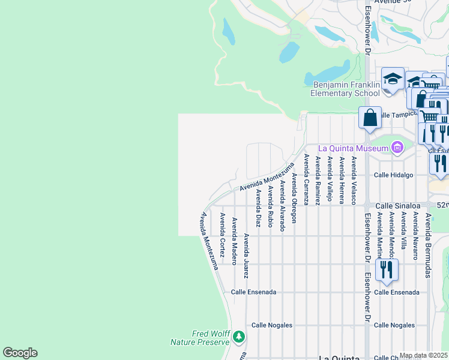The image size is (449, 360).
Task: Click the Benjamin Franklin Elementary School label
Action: point(345,89)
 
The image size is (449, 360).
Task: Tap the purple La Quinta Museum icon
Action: point(396,147)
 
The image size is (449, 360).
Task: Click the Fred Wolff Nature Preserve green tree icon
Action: point(239,337)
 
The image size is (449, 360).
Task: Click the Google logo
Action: point(20,353)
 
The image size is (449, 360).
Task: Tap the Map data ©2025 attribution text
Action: point(424,355)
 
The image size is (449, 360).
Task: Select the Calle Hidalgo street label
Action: point(393,175)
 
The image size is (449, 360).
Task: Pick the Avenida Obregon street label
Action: point(294,197)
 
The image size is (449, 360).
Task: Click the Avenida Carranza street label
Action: point(306,179)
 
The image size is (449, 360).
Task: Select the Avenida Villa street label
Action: point(403,230)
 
